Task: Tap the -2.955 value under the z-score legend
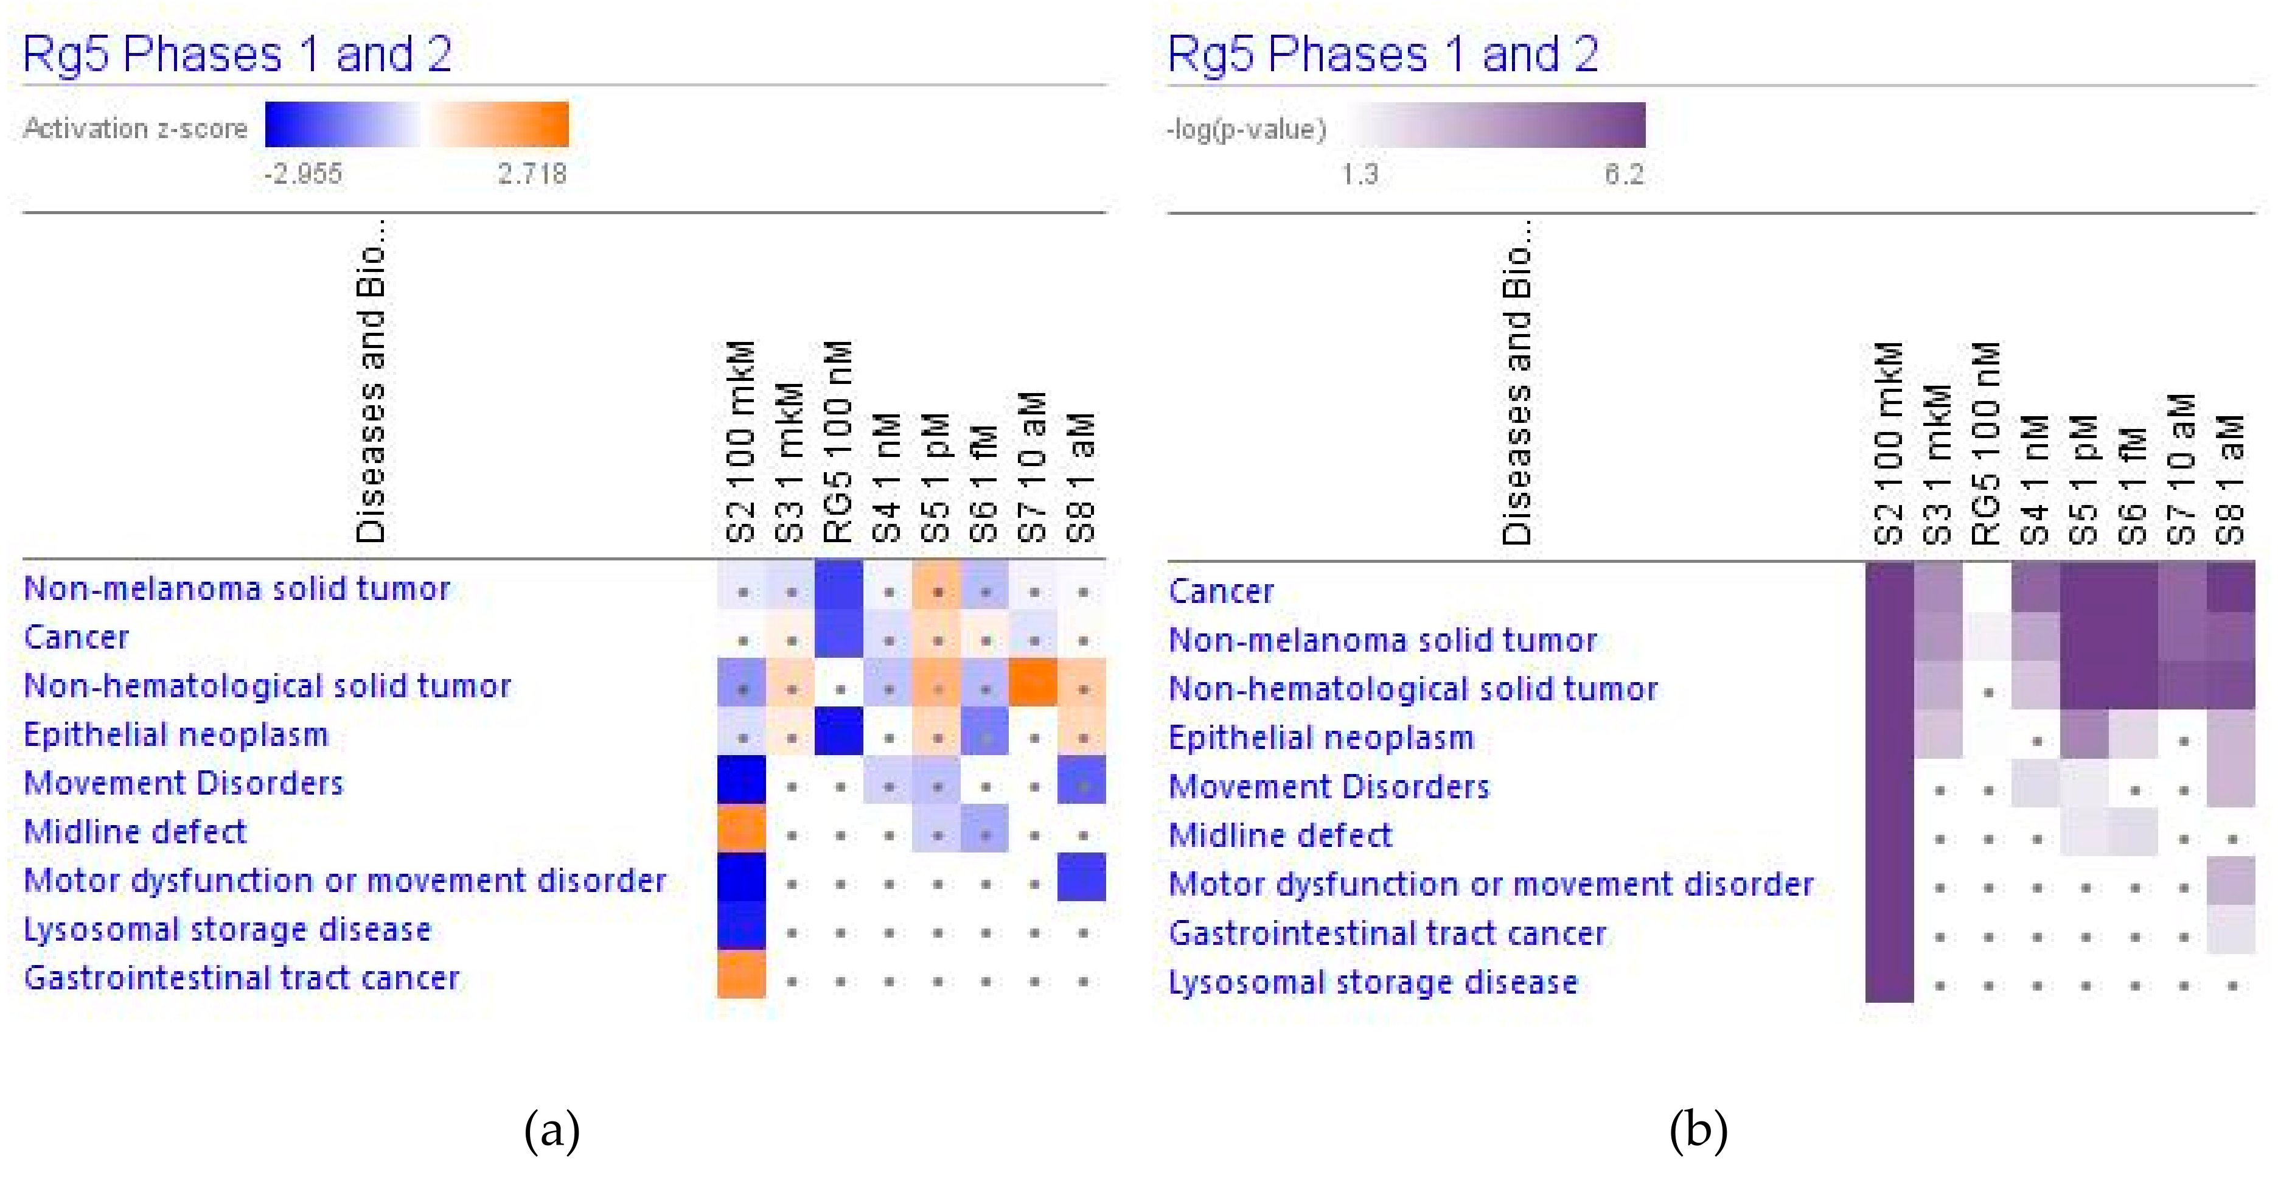click(302, 173)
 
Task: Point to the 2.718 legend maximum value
click(532, 173)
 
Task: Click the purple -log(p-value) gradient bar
click(1498, 125)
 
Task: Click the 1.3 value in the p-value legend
click(1359, 174)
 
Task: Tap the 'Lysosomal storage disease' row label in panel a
click(228, 930)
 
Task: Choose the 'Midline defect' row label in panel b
click(1280, 835)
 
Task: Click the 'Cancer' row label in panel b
click(1221, 591)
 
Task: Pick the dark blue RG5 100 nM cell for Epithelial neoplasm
click(838, 733)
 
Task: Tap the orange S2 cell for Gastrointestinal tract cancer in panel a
click(741, 975)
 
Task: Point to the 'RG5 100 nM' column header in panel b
click(1985, 442)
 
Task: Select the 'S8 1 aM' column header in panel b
click(2231, 478)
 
